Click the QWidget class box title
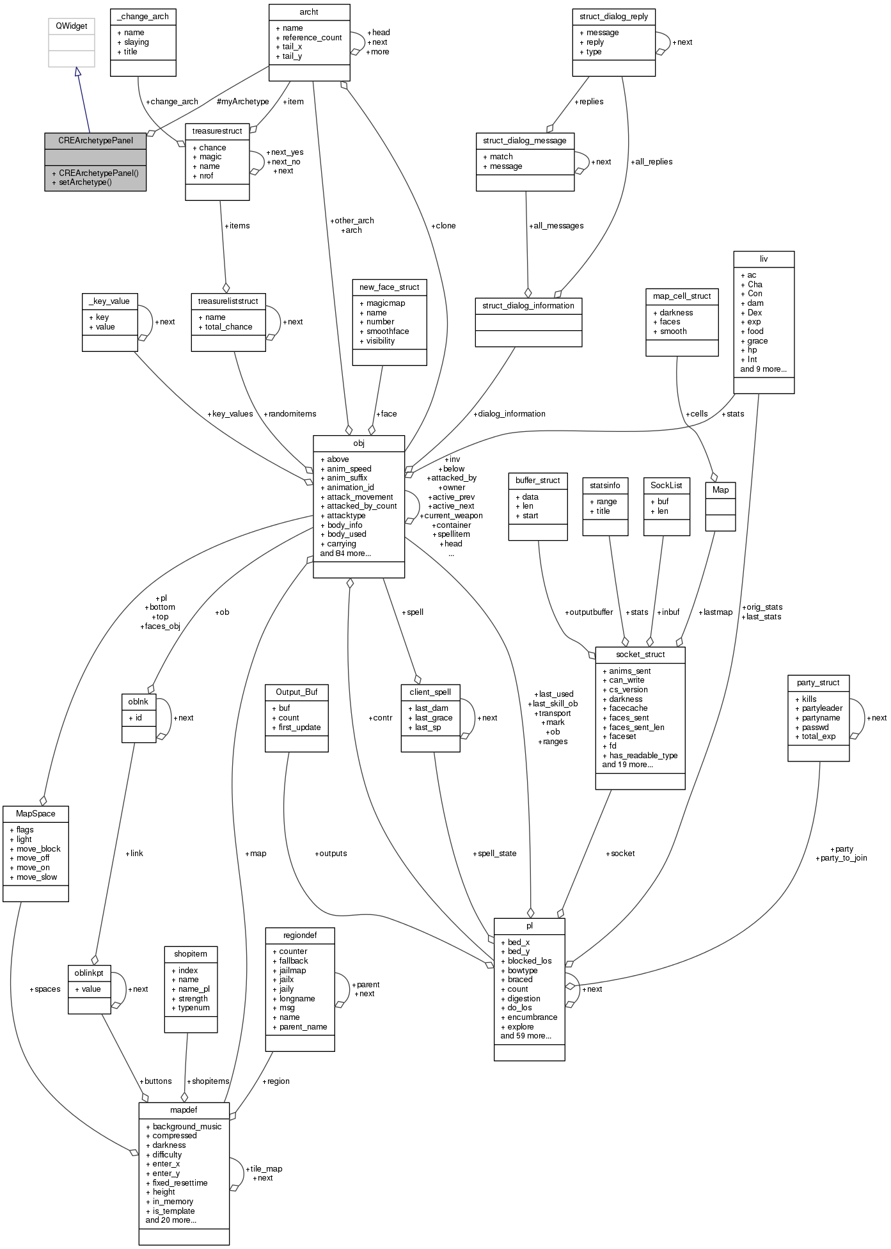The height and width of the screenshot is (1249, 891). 72,26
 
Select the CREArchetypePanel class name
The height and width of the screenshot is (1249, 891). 95,140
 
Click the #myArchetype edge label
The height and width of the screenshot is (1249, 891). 242,101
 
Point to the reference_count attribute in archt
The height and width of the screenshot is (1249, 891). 312,37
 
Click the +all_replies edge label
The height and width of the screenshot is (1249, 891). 651,162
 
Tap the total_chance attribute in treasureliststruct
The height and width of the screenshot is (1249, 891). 228,327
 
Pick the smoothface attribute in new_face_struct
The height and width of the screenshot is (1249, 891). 388,331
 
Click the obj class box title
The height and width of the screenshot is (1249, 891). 358,443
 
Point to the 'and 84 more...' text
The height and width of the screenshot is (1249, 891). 345,553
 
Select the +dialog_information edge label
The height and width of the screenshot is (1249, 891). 509,414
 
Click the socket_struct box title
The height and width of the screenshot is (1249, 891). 640,655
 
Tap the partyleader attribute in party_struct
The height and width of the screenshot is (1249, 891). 822,708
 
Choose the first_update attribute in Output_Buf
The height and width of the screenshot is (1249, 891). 299,728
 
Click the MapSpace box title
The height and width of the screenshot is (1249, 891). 36,814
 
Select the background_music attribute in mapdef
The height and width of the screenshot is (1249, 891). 187,1126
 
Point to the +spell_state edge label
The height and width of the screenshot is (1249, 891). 494,854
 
